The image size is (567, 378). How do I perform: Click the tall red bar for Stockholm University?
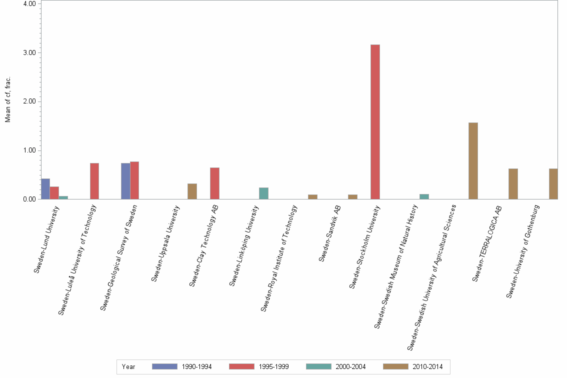(375, 122)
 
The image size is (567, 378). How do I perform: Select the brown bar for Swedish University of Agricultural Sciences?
(473, 161)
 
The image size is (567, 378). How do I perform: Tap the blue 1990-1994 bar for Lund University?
(45, 189)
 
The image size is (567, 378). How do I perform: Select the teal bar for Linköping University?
(263, 193)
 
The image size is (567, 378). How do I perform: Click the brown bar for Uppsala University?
(192, 191)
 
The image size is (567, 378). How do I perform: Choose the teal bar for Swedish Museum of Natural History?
(424, 196)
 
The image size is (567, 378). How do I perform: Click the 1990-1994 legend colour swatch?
(164, 366)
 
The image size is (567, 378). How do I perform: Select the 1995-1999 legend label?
(273, 366)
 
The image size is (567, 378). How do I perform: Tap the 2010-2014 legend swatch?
(395, 366)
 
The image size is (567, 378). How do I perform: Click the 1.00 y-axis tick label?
(29, 150)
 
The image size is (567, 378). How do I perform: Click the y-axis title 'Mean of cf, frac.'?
(7, 99)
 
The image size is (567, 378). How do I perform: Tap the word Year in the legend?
(128, 366)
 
